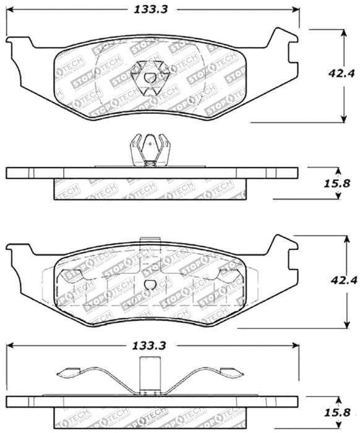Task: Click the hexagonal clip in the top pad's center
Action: tap(151, 80)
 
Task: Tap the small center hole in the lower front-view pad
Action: tap(151, 284)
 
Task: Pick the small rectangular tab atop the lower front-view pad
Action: tap(150, 243)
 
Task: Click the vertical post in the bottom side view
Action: tap(150, 377)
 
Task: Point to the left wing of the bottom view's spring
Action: tap(80, 372)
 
